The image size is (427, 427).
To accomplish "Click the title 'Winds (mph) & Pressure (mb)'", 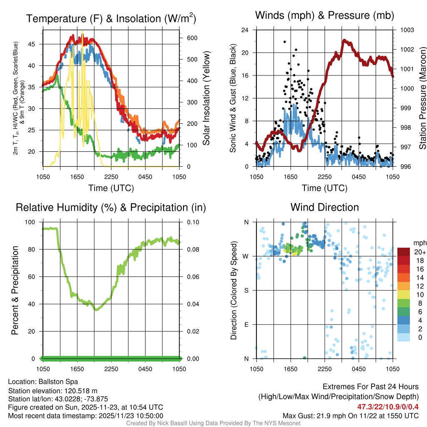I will click(x=324, y=16).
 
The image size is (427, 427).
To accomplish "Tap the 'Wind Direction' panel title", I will click(x=324, y=207).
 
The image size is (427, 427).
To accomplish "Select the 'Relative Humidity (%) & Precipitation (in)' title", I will click(x=111, y=207).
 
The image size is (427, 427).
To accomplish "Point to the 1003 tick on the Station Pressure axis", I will click(x=407, y=30).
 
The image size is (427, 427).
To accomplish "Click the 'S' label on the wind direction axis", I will click(x=246, y=290).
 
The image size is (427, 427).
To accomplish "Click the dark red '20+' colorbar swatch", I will click(x=404, y=252).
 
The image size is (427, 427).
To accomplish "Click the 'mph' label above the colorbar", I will click(x=419, y=243).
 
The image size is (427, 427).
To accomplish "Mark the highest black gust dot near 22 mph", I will click(x=285, y=42).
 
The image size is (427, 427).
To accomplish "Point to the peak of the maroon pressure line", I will click(x=344, y=40).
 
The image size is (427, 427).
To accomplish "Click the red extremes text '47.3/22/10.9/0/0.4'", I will click(x=388, y=407).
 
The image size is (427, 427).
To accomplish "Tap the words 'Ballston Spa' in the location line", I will click(x=58, y=382).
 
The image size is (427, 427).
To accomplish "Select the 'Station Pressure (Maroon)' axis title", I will click(x=422, y=98).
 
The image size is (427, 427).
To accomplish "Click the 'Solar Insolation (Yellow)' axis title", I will click(x=206, y=98).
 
